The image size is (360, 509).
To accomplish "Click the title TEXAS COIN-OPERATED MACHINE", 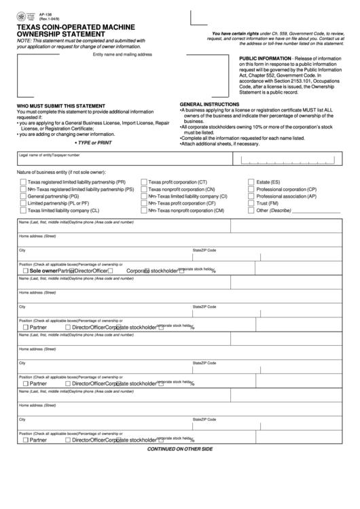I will pyautogui.click(x=75, y=27).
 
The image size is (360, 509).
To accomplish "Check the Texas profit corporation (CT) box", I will pyautogui.click(x=144, y=183).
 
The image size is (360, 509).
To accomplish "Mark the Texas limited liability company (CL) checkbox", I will pyautogui.click(x=23, y=211).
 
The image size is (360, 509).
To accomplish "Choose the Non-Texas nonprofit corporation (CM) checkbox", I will pyautogui.click(x=144, y=211).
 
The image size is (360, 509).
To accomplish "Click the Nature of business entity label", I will pyautogui.click(x=61, y=173).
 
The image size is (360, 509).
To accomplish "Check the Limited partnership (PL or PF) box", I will pyautogui.click(x=23, y=203).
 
